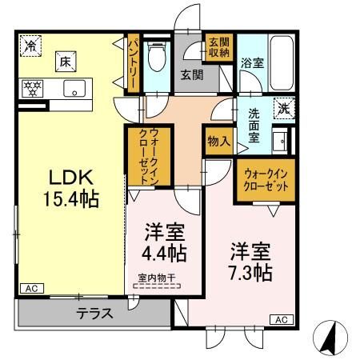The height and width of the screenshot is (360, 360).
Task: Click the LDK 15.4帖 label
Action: click(71, 188)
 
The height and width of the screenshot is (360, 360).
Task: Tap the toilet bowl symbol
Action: click(157, 57)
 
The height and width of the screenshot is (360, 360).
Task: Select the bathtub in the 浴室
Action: click(282, 63)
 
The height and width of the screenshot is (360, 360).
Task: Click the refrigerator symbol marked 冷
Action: click(31, 46)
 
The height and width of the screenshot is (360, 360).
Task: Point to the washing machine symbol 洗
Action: click(284, 108)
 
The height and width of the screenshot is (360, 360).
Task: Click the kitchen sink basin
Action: click(74, 88)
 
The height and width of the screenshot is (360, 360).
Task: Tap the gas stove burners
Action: click(32, 88)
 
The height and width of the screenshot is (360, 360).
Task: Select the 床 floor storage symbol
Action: click(66, 62)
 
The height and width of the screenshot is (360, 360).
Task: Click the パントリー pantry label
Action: click(134, 63)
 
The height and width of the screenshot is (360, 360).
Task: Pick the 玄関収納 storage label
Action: click(218, 47)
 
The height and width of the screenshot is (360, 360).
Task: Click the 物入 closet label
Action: click(219, 141)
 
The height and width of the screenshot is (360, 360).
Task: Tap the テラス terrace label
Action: click(95, 314)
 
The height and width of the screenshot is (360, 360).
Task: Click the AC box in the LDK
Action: click(32, 289)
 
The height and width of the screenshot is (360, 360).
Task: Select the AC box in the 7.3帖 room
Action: click(282, 319)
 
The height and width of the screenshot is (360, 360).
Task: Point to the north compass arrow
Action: click(330, 338)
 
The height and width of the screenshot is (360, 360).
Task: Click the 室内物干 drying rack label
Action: click(157, 278)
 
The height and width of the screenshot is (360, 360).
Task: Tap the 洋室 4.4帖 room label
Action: click(164, 242)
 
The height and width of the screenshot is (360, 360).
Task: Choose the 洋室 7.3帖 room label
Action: click(250, 262)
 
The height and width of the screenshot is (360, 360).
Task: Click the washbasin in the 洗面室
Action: click(280, 141)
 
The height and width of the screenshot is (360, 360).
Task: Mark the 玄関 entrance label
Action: click(192, 75)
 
